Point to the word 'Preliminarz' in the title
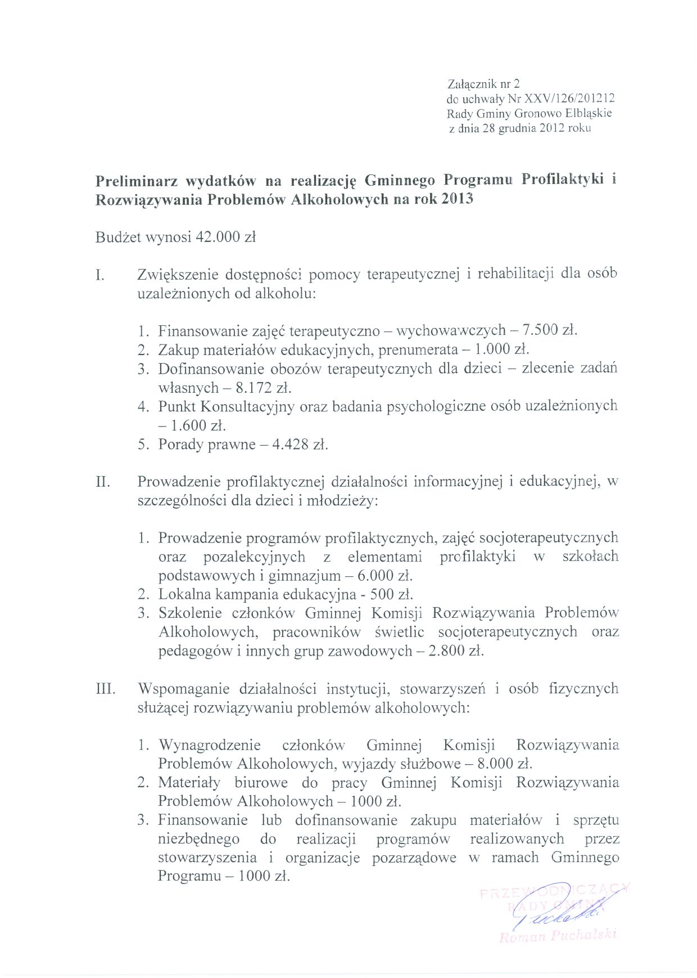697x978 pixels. [133, 181]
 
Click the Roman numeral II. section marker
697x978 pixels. [102, 482]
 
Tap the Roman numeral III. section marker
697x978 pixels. [105, 689]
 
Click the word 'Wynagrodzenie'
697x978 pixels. [210, 746]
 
